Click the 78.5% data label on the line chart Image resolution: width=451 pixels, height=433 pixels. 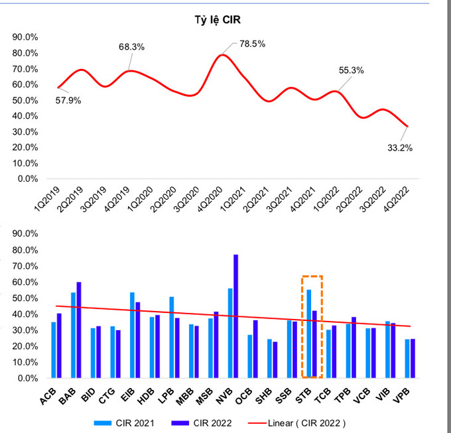click(x=252, y=44)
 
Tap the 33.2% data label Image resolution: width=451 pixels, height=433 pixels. click(x=399, y=148)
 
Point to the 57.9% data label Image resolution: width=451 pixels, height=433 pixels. click(x=68, y=100)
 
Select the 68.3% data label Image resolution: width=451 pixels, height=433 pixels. click(x=131, y=47)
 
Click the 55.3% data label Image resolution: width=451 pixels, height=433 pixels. click(x=351, y=70)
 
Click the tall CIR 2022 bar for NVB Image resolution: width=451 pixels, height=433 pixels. click(x=235, y=316)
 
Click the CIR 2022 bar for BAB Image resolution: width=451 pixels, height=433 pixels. click(x=79, y=330)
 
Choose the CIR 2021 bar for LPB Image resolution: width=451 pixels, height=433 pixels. click(x=172, y=337)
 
